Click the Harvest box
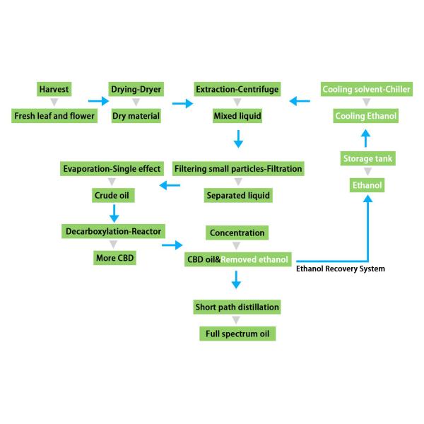[55, 89]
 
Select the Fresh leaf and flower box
[54, 115]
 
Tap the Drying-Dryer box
[136, 89]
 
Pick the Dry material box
[136, 115]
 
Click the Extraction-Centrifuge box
[237, 89]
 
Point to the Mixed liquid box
[237, 115]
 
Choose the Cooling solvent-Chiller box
[366, 89]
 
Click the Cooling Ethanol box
[366, 115]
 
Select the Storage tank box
[367, 159]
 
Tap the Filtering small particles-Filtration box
[237, 168]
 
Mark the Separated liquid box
[237, 194]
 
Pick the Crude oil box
[114, 194]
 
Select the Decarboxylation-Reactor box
[114, 231]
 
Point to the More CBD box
[114, 258]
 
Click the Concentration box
[237, 232]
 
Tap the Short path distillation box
[237, 307]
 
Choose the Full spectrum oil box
[237, 332]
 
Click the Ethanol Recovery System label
[341, 269]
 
